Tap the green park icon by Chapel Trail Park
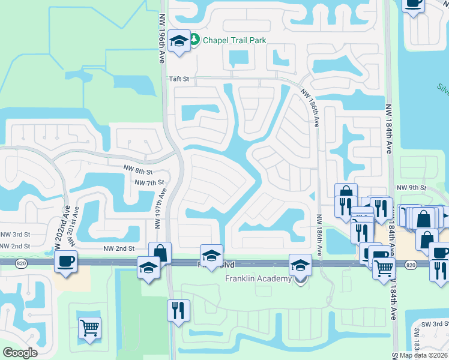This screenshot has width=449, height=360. click(194, 40)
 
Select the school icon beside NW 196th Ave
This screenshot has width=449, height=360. click(179, 41)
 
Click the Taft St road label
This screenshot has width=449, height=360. click(179, 79)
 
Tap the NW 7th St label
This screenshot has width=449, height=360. click(149, 182)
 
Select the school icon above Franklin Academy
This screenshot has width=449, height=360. click(300, 265)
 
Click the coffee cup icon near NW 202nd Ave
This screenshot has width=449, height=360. click(65, 261)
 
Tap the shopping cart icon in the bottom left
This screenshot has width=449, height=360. click(89, 328)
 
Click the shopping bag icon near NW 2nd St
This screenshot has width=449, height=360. click(160, 253)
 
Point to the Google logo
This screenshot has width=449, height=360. click(20, 353)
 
